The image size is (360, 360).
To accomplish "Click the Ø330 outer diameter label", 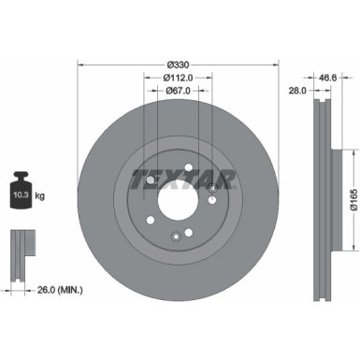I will coord(179,56).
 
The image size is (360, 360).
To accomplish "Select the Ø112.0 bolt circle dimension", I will coord(179,77).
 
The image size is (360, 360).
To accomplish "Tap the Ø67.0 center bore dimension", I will coord(178,92).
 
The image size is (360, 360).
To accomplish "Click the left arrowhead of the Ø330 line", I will coord(79,65).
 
